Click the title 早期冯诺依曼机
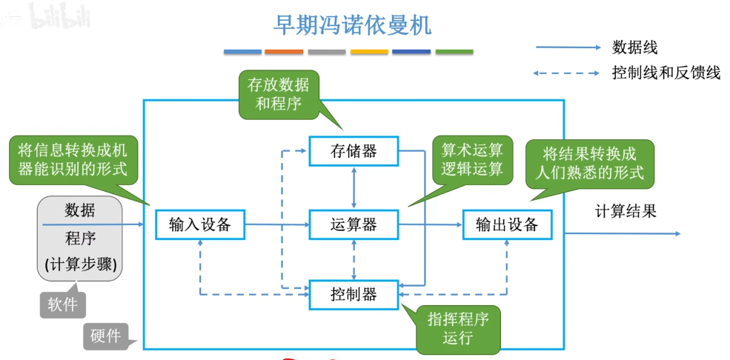click(x=352, y=25)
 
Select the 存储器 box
click(x=354, y=151)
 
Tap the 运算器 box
click(x=354, y=224)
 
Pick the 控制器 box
click(x=354, y=295)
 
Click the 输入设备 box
click(x=199, y=224)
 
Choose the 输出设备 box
click(x=507, y=224)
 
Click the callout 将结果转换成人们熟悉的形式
click(x=589, y=164)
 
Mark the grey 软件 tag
click(x=63, y=304)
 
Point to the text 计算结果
click(x=626, y=211)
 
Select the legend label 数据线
click(x=634, y=48)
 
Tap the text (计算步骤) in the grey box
click(x=80, y=264)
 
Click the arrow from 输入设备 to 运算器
click(x=276, y=224)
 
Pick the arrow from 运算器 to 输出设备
click(x=431, y=224)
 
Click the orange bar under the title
click(x=284, y=52)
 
